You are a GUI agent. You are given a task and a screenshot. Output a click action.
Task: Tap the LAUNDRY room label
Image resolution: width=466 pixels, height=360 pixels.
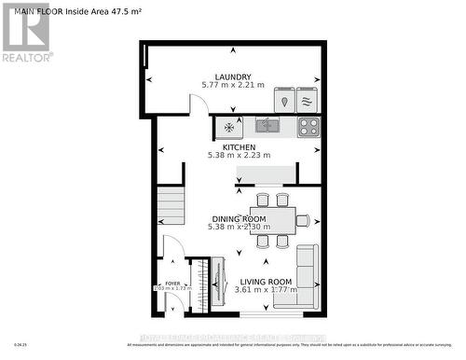pos(232,76)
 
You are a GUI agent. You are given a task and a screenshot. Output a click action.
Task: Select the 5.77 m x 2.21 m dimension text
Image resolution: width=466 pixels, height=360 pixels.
pos(232,86)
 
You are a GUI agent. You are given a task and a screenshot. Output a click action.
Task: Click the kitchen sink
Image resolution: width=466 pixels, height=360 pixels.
pos(267,124)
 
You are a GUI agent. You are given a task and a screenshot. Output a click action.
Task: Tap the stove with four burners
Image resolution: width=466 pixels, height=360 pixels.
pos(308,125)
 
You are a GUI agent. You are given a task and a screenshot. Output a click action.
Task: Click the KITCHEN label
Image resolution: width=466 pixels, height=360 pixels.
pos(239,146)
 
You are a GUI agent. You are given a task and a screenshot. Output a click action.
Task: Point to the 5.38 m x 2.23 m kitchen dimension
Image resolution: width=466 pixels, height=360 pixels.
pos(239,156)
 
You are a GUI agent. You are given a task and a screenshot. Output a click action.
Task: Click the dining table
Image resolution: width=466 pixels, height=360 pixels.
pos(271,220)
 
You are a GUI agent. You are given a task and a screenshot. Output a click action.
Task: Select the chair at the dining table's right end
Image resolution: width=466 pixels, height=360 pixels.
pos(302,220)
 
